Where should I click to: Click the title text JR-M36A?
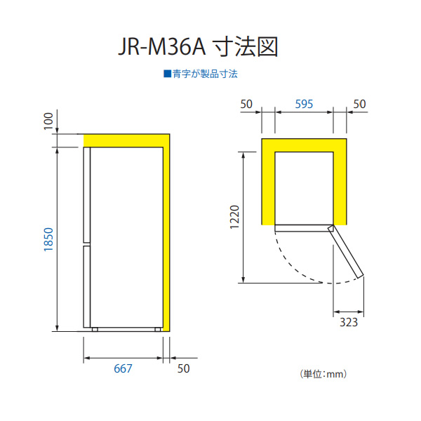click(x=162, y=47)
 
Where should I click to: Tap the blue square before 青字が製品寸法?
click(x=167, y=74)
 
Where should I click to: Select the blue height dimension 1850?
click(x=49, y=239)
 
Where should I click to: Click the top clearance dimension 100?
click(x=48, y=121)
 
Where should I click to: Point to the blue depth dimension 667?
click(x=123, y=368)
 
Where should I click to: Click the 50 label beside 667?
click(x=184, y=368)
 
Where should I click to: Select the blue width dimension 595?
click(x=304, y=104)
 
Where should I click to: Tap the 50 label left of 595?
click(x=246, y=104)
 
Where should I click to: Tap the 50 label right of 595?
click(x=359, y=104)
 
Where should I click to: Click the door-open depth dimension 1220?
click(x=234, y=217)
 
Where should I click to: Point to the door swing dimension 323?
click(x=349, y=322)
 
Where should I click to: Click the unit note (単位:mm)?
click(x=323, y=374)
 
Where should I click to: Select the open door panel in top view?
click(x=345, y=252)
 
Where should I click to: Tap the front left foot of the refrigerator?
click(x=95, y=330)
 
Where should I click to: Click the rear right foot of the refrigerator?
click(x=158, y=330)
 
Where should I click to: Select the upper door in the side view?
click(x=87, y=195)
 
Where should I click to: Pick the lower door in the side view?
click(x=87, y=287)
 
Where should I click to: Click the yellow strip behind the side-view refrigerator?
click(x=166, y=239)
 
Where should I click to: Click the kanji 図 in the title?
click(x=267, y=47)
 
